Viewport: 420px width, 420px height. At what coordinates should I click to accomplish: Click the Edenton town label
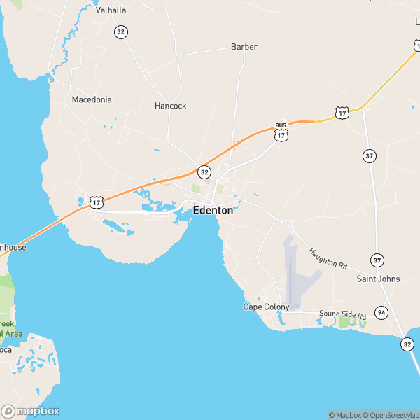(213, 209)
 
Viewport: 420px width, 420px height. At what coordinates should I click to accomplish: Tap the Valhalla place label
(111, 10)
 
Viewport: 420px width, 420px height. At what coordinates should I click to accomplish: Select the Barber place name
(244, 47)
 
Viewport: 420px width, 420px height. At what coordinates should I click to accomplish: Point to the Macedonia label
(92, 99)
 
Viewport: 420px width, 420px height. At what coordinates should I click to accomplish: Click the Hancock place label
(170, 106)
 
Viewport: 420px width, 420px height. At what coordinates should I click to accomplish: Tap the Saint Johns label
(378, 279)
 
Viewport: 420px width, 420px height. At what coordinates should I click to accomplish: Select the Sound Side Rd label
(342, 316)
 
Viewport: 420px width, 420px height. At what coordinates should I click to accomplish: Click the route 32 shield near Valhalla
(121, 32)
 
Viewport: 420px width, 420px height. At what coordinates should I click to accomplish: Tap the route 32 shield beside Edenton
(204, 171)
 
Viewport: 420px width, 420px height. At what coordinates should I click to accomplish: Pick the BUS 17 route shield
(281, 132)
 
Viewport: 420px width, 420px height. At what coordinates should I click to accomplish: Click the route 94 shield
(381, 312)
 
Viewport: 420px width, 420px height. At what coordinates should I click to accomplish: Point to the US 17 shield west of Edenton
(96, 202)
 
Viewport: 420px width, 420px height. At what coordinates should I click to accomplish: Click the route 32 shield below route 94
(407, 344)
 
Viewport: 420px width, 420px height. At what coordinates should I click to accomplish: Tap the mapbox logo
(31, 411)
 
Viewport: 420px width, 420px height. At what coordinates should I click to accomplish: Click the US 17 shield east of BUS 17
(342, 112)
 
